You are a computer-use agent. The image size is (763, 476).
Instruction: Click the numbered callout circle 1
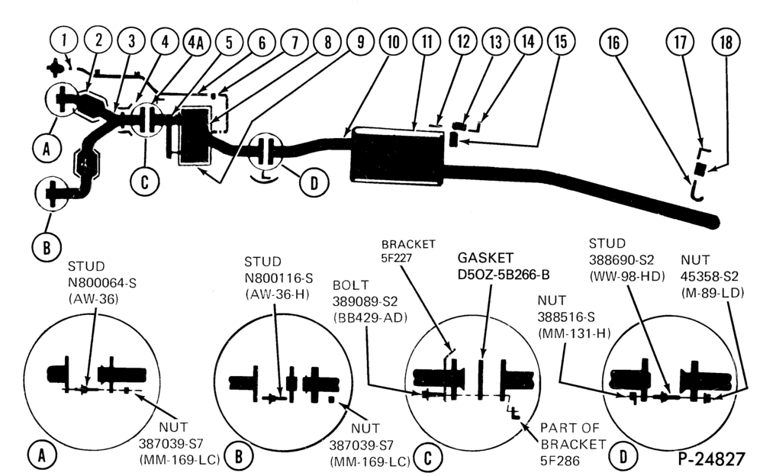point(64,40)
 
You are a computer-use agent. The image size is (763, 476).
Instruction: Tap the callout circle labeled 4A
point(196,43)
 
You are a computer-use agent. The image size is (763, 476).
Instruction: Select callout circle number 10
point(393,42)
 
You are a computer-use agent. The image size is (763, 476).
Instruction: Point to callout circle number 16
point(613,43)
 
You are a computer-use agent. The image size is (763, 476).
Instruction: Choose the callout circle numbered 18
point(726,43)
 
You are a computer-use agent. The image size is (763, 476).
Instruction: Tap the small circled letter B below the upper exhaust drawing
point(47,247)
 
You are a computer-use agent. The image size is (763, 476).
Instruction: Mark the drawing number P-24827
point(711,458)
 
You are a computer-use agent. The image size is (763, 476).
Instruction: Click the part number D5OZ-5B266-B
point(504,275)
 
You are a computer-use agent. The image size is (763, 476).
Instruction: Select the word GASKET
point(485,258)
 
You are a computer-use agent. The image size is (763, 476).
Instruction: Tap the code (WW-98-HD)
point(626,276)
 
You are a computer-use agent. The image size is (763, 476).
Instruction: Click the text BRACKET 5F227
point(407,251)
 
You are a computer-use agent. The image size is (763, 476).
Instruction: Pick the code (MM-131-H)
point(575,333)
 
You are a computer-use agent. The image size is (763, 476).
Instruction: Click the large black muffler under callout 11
point(398,156)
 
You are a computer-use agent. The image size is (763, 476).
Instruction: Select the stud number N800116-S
point(278,278)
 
